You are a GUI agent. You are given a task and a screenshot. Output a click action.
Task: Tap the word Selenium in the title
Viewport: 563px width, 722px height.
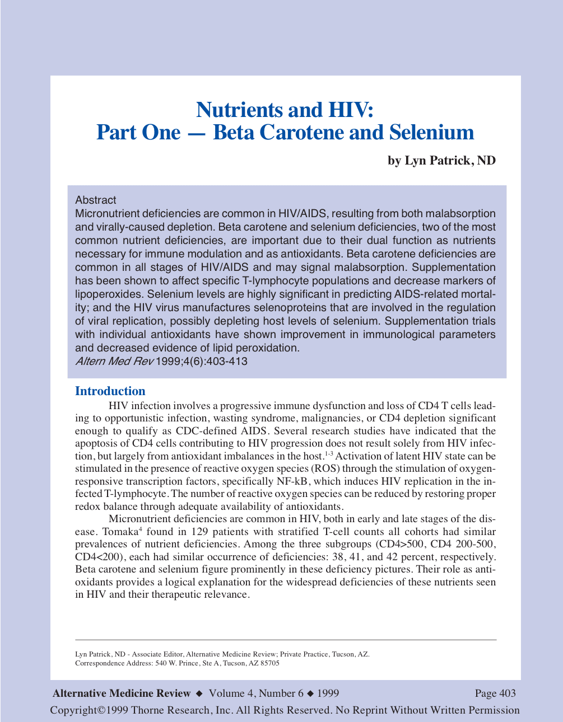pos(431,133)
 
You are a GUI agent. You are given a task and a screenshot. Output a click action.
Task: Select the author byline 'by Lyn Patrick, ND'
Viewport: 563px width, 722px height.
pos(441,161)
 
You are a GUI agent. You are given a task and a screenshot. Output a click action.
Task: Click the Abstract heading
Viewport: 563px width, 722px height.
pos(96,200)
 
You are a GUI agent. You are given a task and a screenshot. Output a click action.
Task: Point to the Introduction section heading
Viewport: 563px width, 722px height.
pos(110,391)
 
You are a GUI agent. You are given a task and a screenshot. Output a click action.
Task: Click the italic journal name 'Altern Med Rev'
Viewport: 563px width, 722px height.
pos(114,361)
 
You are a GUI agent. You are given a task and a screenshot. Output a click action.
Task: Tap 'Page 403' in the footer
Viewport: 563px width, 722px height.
pos(495,693)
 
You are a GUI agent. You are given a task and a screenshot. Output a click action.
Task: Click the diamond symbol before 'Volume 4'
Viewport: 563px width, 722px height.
pos(199,693)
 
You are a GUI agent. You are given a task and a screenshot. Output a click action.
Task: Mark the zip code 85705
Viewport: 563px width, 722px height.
pos(269,663)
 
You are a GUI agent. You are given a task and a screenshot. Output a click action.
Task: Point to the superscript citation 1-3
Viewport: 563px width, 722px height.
pos(329,453)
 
